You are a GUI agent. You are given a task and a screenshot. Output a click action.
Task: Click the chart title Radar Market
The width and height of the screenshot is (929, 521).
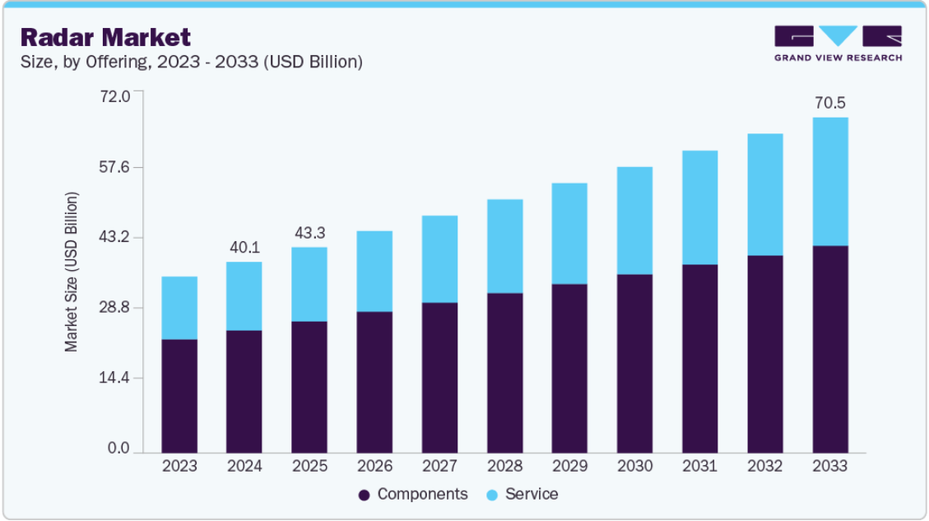105,37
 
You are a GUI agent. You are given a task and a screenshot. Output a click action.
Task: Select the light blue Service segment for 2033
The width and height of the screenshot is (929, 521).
830,181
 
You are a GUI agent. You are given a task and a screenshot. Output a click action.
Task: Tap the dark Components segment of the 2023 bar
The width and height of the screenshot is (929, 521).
179,396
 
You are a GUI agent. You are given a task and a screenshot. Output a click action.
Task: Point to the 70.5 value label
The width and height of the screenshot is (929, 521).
830,103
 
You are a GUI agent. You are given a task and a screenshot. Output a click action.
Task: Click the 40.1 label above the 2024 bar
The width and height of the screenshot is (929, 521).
244,247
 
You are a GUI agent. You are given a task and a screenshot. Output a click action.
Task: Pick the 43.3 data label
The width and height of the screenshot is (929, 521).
310,233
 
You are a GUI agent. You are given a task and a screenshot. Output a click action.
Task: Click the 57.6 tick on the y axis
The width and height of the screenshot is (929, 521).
114,167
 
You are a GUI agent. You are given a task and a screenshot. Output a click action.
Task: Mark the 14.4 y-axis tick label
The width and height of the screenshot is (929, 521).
114,378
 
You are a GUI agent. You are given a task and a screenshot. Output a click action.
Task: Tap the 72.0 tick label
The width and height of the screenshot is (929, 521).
114,96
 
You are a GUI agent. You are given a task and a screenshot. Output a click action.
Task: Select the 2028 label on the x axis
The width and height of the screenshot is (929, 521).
504,466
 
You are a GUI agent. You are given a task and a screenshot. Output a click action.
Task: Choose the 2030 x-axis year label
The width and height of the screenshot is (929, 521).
634,466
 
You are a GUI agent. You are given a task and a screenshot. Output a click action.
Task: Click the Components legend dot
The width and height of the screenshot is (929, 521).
365,495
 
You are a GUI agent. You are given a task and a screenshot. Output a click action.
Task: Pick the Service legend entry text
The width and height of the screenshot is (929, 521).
532,495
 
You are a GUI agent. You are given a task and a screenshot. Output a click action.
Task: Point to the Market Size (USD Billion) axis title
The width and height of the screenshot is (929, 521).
71,272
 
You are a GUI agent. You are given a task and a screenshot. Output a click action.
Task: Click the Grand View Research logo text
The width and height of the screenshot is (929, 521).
838,58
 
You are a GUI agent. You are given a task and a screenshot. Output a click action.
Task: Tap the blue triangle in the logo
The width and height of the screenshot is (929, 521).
838,35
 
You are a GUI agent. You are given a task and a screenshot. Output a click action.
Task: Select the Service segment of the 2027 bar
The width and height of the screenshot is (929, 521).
439,259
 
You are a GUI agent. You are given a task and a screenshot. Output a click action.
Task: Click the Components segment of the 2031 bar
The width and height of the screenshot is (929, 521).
699,359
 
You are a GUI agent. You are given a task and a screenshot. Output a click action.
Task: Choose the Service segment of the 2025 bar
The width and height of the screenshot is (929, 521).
309,285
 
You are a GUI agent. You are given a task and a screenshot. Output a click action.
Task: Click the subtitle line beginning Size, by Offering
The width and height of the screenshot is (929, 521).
192,62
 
